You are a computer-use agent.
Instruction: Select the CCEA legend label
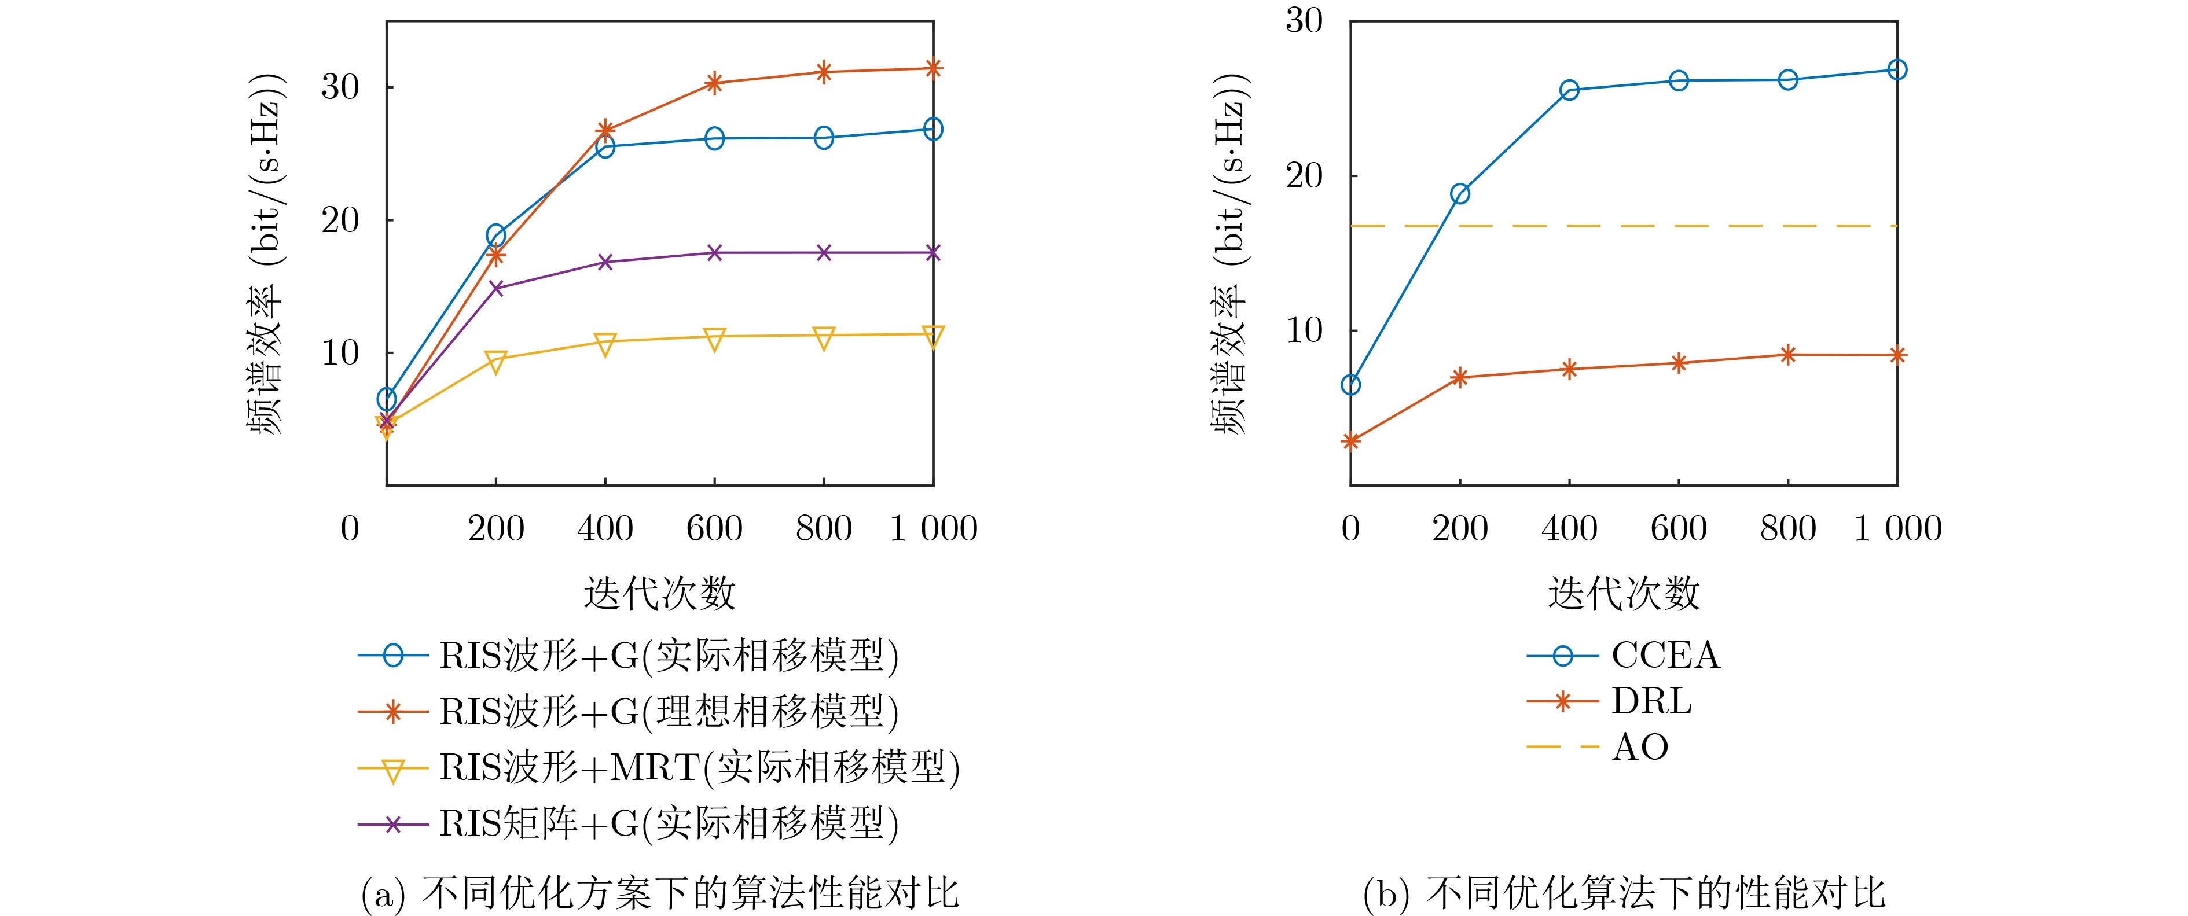(1665, 656)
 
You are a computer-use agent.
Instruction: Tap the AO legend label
(1639, 747)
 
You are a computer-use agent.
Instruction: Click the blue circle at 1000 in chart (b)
(1897, 69)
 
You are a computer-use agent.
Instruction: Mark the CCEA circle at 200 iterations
(1460, 193)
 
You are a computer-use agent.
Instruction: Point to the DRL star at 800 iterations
(1788, 355)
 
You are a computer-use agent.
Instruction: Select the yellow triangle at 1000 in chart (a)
(933, 336)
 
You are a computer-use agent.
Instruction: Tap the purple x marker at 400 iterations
(605, 262)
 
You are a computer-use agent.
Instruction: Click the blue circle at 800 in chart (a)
(824, 138)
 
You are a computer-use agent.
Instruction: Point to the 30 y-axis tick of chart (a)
(340, 87)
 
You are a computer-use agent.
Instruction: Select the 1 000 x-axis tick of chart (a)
(933, 529)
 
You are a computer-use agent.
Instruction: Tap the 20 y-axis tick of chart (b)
(1304, 176)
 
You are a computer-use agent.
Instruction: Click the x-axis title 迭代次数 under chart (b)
(1623, 593)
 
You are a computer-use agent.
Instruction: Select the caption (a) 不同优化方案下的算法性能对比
(660, 893)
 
